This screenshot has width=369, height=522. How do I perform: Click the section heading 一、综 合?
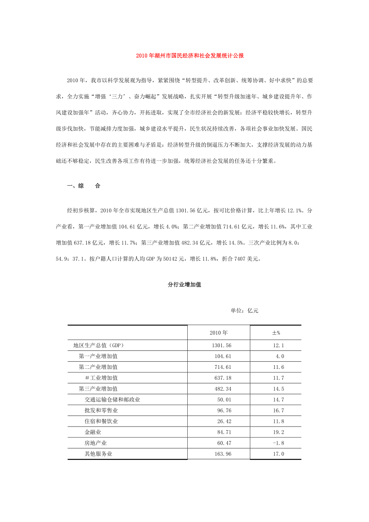(83, 186)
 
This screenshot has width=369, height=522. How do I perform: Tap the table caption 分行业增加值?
(184, 285)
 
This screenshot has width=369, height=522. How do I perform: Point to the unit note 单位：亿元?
(245, 310)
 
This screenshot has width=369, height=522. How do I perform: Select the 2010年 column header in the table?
(219, 333)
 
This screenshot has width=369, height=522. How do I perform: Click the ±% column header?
(276, 333)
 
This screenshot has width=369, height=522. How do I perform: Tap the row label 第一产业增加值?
(98, 356)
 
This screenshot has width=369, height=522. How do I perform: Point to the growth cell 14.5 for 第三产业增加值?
(278, 389)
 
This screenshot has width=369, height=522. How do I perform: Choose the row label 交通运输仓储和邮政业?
(112, 400)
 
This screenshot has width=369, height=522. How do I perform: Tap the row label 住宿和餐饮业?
(101, 421)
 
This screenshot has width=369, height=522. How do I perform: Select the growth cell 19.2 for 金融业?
(278, 432)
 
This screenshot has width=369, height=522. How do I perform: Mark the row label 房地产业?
(95, 443)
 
